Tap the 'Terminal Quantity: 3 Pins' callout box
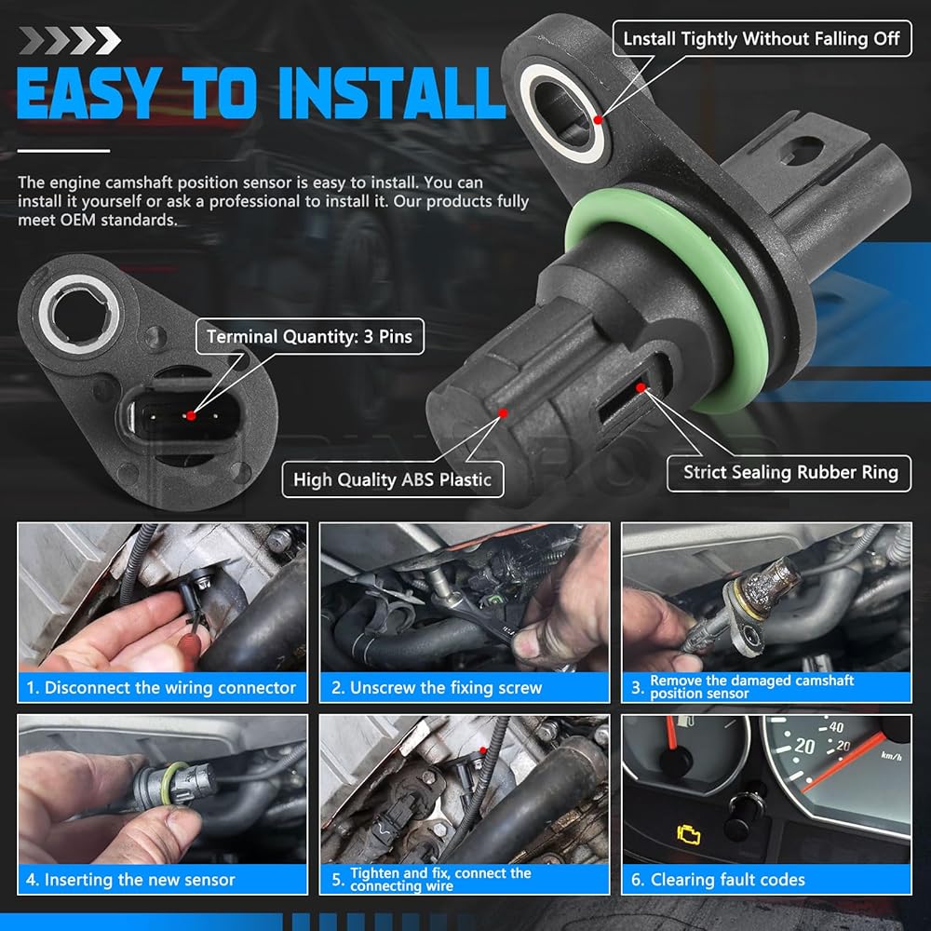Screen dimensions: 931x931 tap(309, 337)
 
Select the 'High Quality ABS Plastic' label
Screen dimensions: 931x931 tap(393, 479)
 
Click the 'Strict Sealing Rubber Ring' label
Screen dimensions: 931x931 tap(789, 473)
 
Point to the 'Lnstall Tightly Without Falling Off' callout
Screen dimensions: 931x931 tap(762, 38)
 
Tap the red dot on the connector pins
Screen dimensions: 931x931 tap(191, 415)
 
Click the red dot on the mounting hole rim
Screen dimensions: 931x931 tap(598, 119)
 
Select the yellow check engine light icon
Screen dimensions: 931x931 tap(689, 834)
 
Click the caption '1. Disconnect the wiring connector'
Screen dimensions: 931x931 tap(161, 688)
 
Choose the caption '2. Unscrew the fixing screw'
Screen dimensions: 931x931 tap(437, 688)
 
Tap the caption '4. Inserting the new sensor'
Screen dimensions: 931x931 tap(130, 880)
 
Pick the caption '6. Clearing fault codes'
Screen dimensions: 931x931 tap(718, 880)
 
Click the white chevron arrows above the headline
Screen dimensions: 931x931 tap(70, 40)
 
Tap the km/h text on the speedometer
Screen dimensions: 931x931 tap(891, 756)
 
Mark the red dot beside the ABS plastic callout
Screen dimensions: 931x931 tap(503, 413)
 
